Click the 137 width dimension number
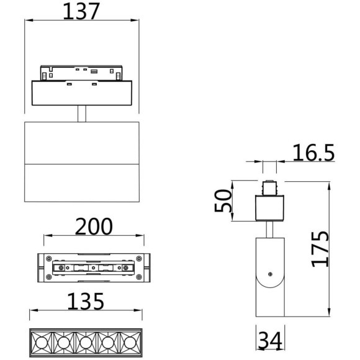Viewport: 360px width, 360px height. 81,11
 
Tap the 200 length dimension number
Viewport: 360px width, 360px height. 94,227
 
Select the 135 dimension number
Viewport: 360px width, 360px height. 86,302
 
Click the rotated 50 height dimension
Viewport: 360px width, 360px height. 223,200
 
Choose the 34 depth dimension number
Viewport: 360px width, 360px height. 269,340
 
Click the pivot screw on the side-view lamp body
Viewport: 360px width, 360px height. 269,274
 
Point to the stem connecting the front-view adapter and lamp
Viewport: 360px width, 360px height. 81,114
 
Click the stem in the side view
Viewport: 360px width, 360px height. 269,229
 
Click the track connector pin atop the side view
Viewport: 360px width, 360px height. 269,187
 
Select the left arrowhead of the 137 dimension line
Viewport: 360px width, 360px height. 27,20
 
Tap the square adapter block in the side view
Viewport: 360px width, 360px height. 269,207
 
